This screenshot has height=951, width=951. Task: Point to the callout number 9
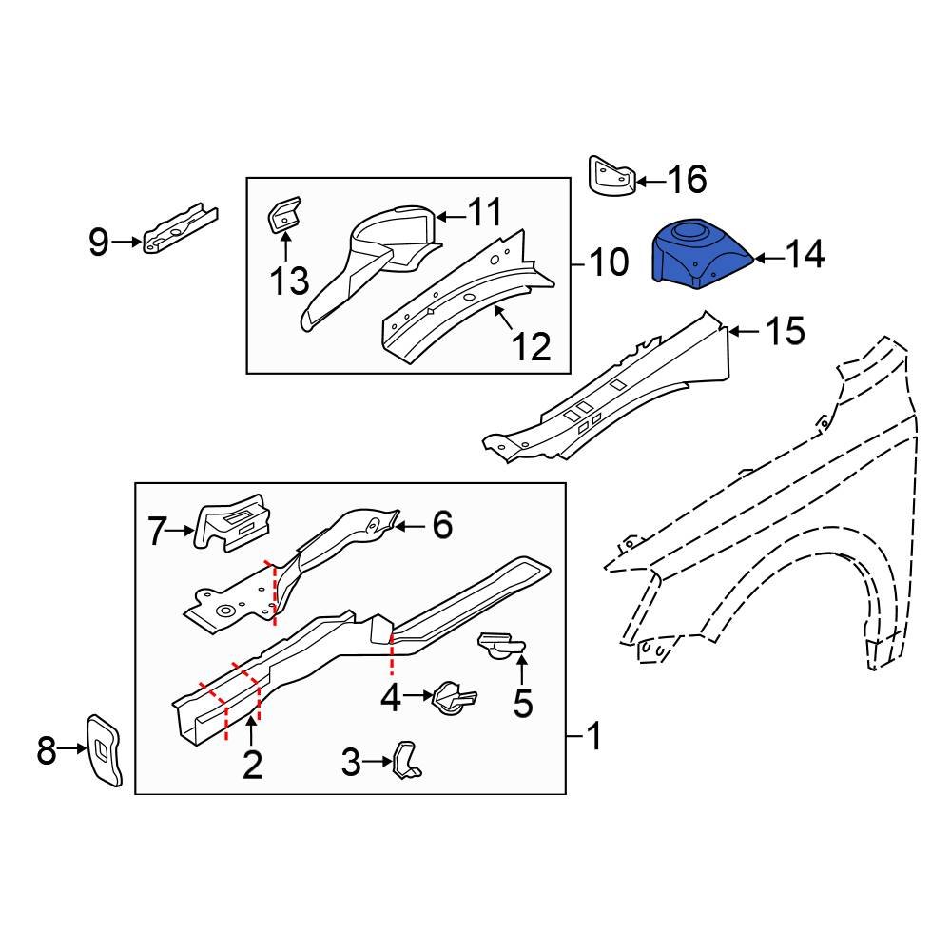(99, 243)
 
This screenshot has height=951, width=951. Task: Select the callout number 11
(486, 212)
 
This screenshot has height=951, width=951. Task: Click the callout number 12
(532, 347)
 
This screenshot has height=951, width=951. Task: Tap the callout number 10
(609, 262)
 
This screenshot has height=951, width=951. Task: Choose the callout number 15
(785, 331)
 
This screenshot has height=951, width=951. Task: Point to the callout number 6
(442, 525)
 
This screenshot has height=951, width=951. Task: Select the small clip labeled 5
(500, 646)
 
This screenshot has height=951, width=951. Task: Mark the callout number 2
(251, 764)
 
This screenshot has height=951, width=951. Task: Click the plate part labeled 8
(105, 749)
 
